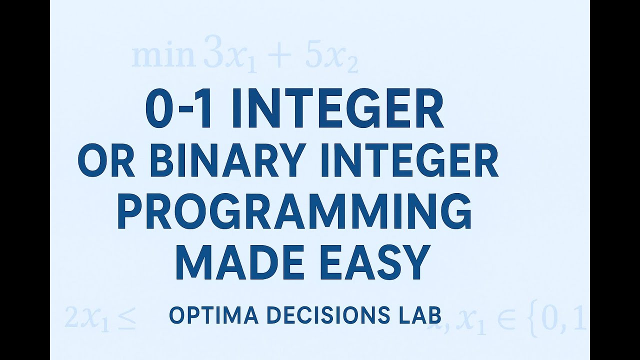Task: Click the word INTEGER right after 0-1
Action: (337, 109)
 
